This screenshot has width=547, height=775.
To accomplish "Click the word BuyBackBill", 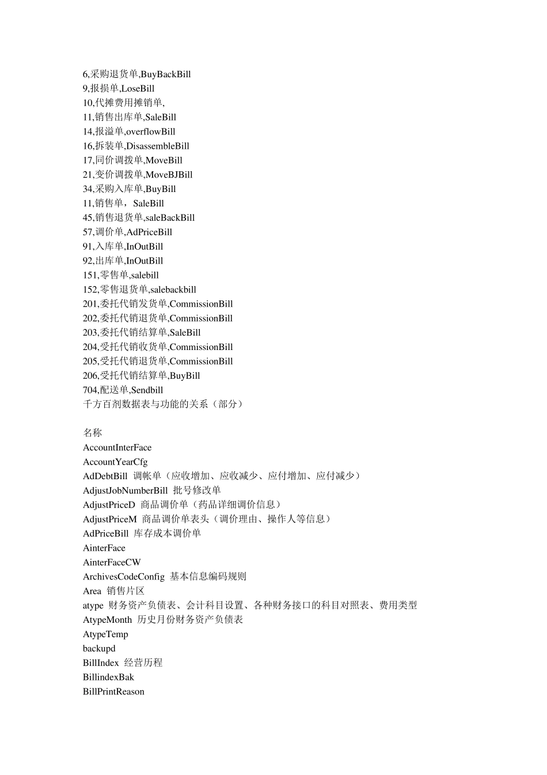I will pyautogui.click(x=166, y=74).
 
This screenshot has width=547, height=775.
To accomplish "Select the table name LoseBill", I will pyautogui.click(x=138, y=89).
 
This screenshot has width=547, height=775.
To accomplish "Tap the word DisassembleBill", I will pyautogui.click(x=158, y=146).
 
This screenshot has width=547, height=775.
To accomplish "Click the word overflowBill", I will pyautogui.click(x=150, y=132).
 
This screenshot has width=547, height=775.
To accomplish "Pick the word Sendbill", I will pyautogui.click(x=147, y=390).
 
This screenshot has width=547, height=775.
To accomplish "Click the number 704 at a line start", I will pyautogui.click(x=90, y=390).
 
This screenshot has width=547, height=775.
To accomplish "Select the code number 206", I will pyautogui.click(x=90, y=376).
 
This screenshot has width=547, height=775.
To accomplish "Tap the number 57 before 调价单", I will pyautogui.click(x=88, y=232).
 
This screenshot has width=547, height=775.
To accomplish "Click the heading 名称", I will pyautogui.click(x=92, y=433).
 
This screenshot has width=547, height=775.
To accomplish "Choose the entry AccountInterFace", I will pyautogui.click(x=117, y=447).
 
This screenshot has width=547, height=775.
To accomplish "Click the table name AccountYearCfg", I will pyautogui.click(x=115, y=462).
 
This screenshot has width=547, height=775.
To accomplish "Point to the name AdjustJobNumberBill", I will pyautogui.click(x=125, y=491).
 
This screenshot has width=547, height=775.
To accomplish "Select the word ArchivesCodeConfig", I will pyautogui.click(x=123, y=577).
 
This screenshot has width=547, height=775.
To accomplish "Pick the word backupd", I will pyautogui.click(x=99, y=649).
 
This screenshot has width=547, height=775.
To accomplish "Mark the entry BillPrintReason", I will pyautogui.click(x=113, y=692).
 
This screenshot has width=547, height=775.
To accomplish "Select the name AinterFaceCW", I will pyautogui.click(x=112, y=562).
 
